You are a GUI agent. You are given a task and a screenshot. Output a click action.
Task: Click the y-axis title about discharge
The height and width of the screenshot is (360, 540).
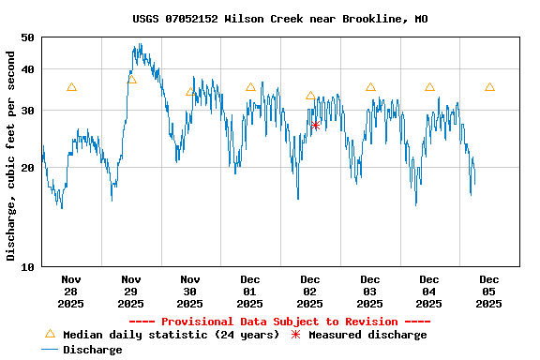(x=11, y=156)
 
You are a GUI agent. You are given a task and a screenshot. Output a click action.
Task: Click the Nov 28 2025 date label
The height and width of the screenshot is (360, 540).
(x=70, y=291)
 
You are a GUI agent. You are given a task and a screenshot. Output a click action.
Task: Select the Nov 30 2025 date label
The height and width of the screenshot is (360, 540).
(x=190, y=291)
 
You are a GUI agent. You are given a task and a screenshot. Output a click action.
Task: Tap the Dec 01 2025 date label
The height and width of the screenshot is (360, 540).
(x=250, y=291)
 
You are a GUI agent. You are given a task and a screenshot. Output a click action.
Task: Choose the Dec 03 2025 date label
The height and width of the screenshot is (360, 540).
(x=369, y=291)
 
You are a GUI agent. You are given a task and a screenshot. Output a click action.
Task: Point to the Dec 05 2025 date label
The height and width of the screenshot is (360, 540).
(x=489, y=291)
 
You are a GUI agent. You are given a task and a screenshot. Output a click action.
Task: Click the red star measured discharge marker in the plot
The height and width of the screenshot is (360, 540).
(x=315, y=125)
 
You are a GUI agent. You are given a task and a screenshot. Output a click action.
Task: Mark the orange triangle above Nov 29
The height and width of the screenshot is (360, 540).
(x=131, y=80)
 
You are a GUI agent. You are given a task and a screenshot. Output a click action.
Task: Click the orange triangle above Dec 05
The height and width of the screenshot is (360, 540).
(x=489, y=87)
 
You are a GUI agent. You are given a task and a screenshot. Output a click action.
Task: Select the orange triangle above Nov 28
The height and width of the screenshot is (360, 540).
(x=71, y=87)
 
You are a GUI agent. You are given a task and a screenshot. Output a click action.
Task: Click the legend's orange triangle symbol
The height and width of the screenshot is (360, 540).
(x=50, y=334)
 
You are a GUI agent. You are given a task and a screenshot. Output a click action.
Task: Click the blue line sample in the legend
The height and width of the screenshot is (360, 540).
(x=50, y=350)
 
